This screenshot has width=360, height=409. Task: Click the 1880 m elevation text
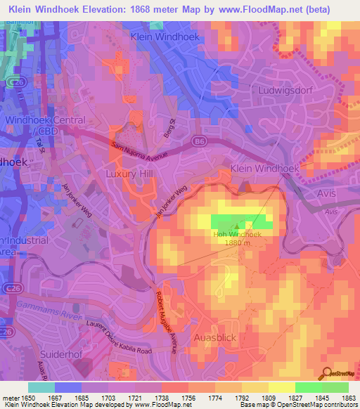coord(240,243)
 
